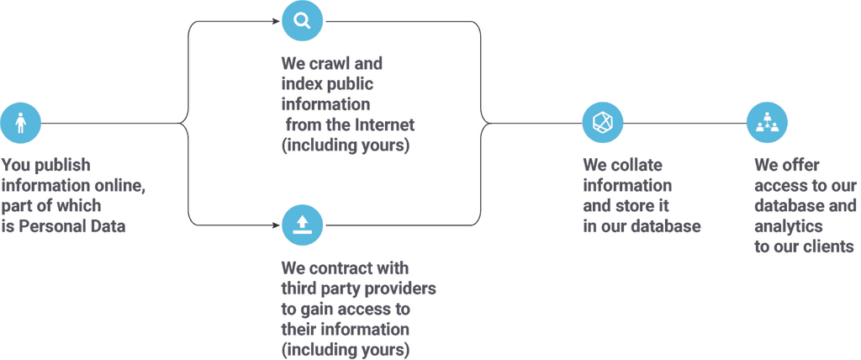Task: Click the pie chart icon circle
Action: tap(603, 124)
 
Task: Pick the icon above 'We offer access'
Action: tap(767, 124)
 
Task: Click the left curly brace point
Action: tap(182, 124)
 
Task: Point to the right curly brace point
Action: tap(486, 124)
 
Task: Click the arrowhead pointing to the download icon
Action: tap(275, 225)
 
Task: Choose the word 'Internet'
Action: tap(386, 124)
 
